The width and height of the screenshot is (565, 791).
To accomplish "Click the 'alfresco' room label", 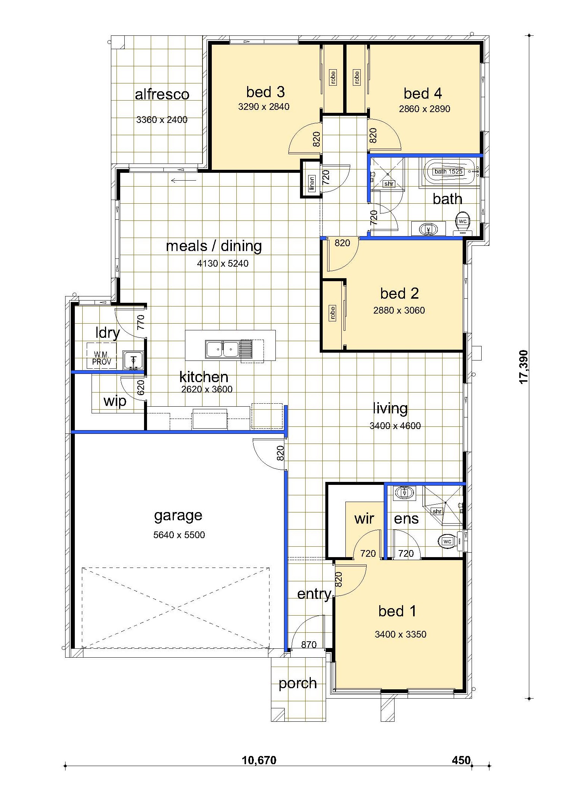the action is coord(162,94).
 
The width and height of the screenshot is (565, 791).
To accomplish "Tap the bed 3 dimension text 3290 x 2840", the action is coord(264,107).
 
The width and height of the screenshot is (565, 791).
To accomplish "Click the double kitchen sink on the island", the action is coord(223,349).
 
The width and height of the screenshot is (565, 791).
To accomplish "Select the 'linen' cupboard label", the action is coord(312,183).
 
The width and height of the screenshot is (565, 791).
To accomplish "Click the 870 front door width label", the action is coord(309,645).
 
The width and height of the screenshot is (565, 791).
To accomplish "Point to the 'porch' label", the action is coord(297,683).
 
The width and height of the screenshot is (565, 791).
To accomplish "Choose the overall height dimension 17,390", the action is coord(524,366).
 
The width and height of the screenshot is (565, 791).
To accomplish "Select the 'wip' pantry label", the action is coord(115,401).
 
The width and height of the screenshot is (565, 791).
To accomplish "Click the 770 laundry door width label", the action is coord(140,323).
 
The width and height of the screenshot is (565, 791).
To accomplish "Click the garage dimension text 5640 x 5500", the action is coord(179,535).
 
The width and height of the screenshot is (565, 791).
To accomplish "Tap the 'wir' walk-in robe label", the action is coord(364,518).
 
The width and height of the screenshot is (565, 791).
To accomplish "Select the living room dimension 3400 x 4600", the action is coord(395,426).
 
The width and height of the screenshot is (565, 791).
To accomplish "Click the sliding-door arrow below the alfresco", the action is coord(183,181).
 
